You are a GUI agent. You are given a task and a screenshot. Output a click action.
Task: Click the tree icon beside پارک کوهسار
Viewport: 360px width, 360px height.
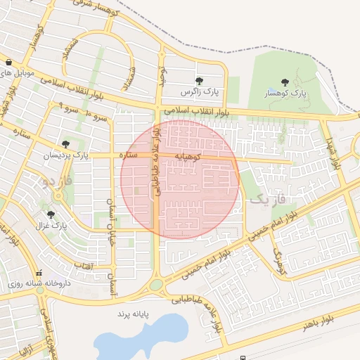pos(284,83)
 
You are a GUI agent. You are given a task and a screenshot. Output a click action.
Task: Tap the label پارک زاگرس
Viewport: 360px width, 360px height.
pos(199,92)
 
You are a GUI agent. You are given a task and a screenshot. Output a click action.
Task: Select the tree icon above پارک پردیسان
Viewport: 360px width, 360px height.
pos(65,143)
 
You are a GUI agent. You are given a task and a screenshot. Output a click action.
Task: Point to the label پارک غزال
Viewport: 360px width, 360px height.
pos(51,226)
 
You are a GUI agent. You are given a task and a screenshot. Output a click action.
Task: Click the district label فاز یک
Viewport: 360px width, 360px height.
pos(269,200)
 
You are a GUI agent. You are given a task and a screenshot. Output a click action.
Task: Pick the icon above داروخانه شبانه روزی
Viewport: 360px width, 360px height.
pos(39,272)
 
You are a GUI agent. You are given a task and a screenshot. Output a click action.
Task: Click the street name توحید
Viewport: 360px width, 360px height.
pos(162,75)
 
